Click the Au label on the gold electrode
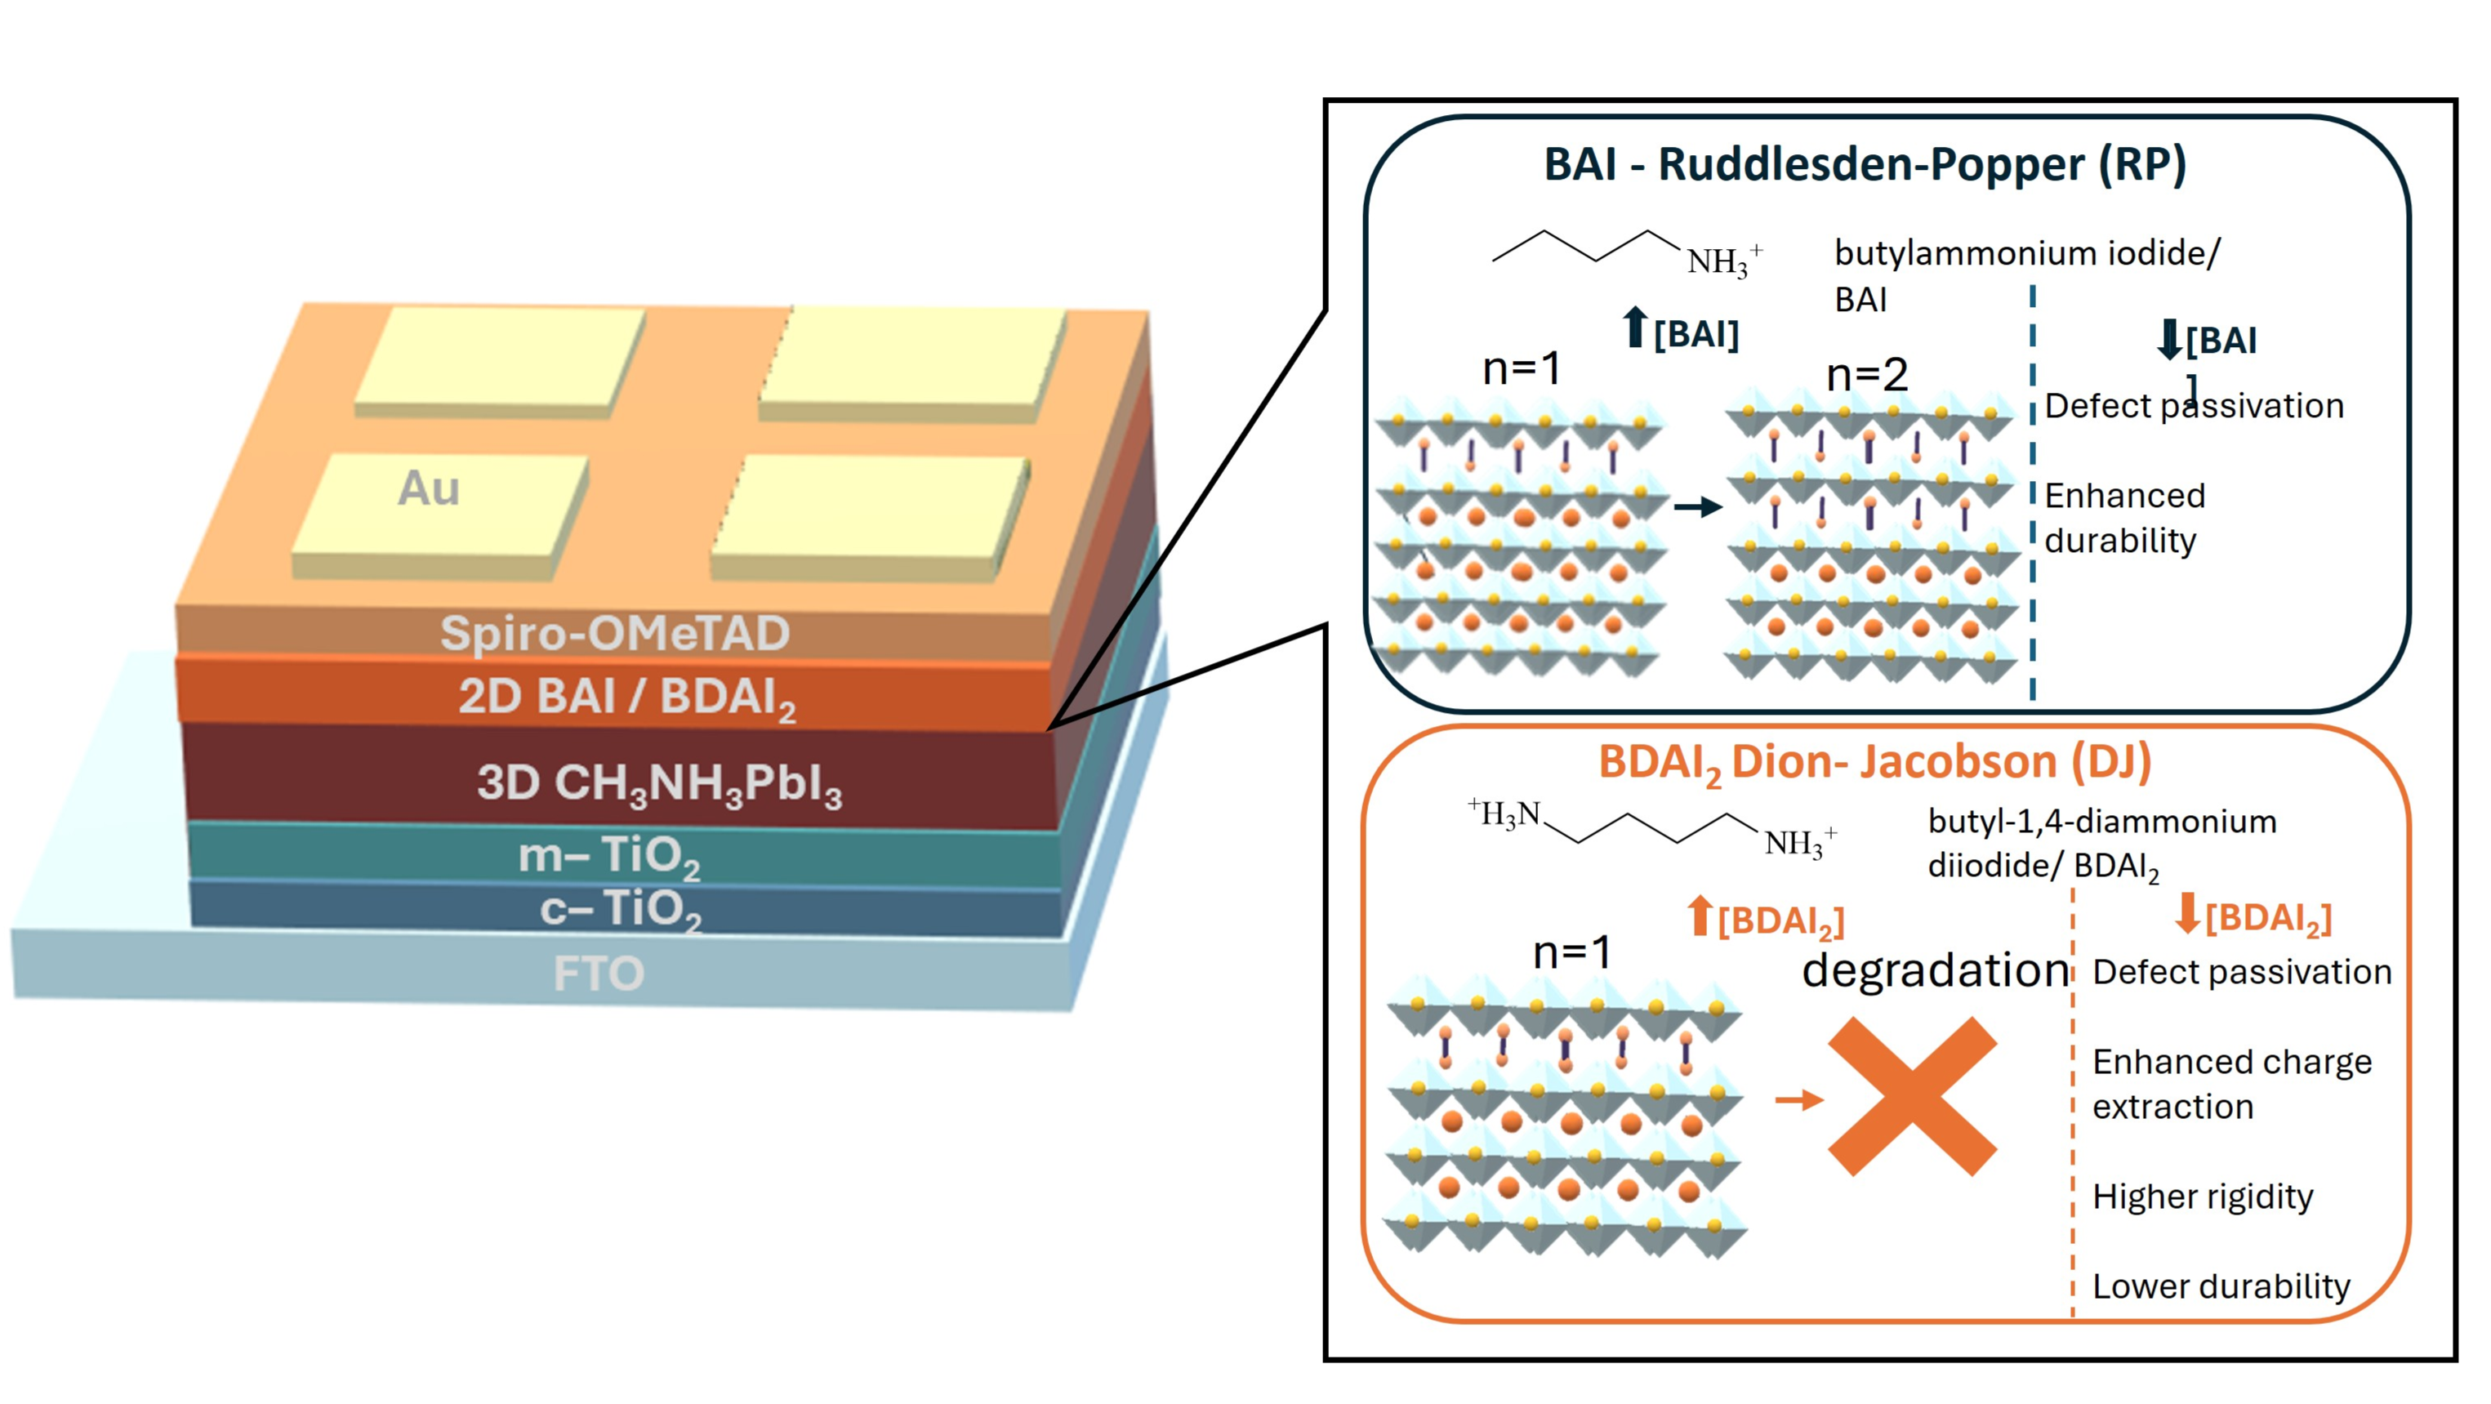point(429,488)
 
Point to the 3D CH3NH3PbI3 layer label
point(658,783)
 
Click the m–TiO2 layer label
point(609,856)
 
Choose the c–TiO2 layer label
point(620,909)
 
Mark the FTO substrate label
point(599,973)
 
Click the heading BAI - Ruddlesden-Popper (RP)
point(1865,164)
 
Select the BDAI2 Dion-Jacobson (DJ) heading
point(1874,762)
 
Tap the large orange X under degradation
point(1912,1095)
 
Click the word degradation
point(1935,969)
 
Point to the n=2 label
point(1866,375)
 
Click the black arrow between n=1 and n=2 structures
point(1697,506)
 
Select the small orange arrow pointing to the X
point(1798,1099)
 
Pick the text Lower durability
point(2220,1287)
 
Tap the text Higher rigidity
point(2202,1197)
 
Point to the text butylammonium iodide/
point(2027,253)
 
